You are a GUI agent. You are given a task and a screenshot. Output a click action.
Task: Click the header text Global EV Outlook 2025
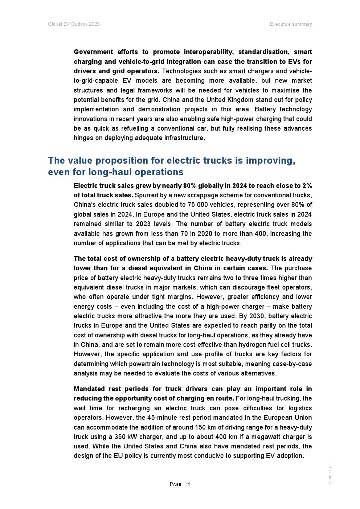click(74, 24)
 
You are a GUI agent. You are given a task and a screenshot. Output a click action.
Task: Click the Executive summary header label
click(291, 24)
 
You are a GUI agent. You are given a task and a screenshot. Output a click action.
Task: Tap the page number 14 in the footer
click(187, 484)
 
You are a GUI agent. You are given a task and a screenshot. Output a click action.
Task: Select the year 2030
click(257, 316)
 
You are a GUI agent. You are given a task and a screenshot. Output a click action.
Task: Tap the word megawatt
click(268, 437)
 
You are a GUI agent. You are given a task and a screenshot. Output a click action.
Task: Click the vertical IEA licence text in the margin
click(330, 475)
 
